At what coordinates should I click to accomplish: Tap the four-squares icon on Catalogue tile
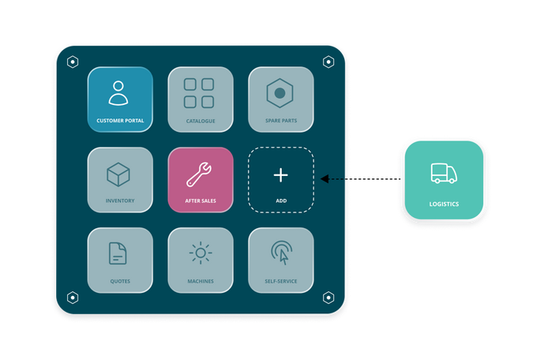[x=199, y=93]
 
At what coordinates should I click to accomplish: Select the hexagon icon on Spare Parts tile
[x=279, y=93]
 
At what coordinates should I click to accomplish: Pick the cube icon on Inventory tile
[x=118, y=174]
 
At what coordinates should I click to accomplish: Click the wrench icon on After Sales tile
[x=199, y=174]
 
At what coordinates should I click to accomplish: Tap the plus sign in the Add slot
[x=281, y=175]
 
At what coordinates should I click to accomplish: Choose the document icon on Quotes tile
[x=118, y=253]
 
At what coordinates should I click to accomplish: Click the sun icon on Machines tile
[x=201, y=253]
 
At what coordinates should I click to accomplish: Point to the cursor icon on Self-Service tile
[x=282, y=253]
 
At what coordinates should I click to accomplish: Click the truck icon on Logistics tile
[x=444, y=173]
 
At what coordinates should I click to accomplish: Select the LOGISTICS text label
[x=444, y=204]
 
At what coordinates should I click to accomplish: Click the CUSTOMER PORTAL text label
[x=120, y=121]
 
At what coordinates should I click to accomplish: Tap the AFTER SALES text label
[x=201, y=201]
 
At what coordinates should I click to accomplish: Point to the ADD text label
[x=281, y=201]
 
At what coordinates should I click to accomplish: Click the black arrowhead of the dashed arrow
[x=324, y=178]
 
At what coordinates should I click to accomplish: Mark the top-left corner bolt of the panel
[x=73, y=62]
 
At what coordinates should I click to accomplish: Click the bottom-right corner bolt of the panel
[x=328, y=298]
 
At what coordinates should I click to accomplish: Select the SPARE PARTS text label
[x=281, y=121]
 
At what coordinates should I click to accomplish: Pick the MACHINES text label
[x=201, y=282]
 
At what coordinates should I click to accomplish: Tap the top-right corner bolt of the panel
[x=328, y=62]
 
